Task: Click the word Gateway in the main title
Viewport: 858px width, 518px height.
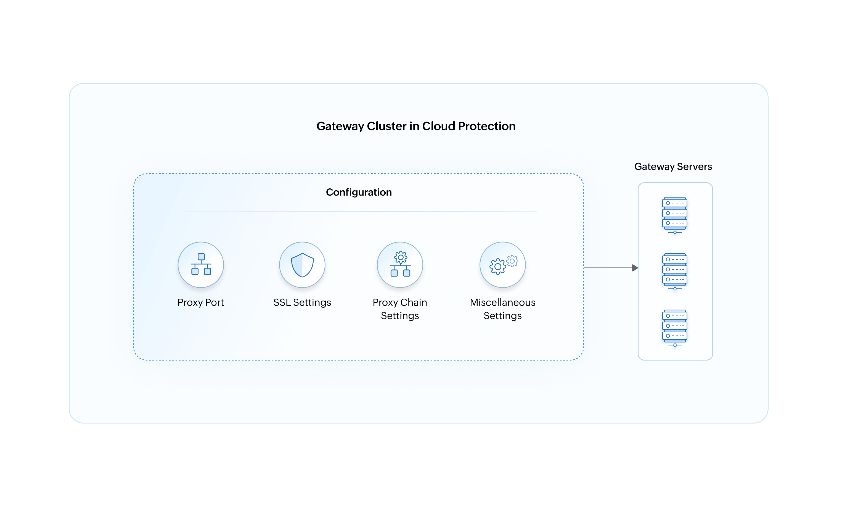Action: [x=340, y=126]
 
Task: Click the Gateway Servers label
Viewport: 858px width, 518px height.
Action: [x=673, y=167]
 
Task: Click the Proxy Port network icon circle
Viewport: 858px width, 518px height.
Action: [x=201, y=265]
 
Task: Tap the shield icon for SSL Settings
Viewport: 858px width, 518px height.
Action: [x=302, y=265]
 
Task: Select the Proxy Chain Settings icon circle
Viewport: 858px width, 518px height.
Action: [x=400, y=265]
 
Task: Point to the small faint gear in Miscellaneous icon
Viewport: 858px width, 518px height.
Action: [x=512, y=261]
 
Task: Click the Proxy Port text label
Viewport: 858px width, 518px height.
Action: [x=201, y=302]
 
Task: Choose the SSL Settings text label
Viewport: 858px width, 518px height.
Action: [x=302, y=302]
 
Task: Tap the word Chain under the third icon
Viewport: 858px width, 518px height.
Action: [x=414, y=302]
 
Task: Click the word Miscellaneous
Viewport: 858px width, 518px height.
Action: [x=502, y=302]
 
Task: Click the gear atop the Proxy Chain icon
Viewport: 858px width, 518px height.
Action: [x=401, y=257]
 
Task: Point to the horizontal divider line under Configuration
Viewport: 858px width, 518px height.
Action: [x=359, y=212]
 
